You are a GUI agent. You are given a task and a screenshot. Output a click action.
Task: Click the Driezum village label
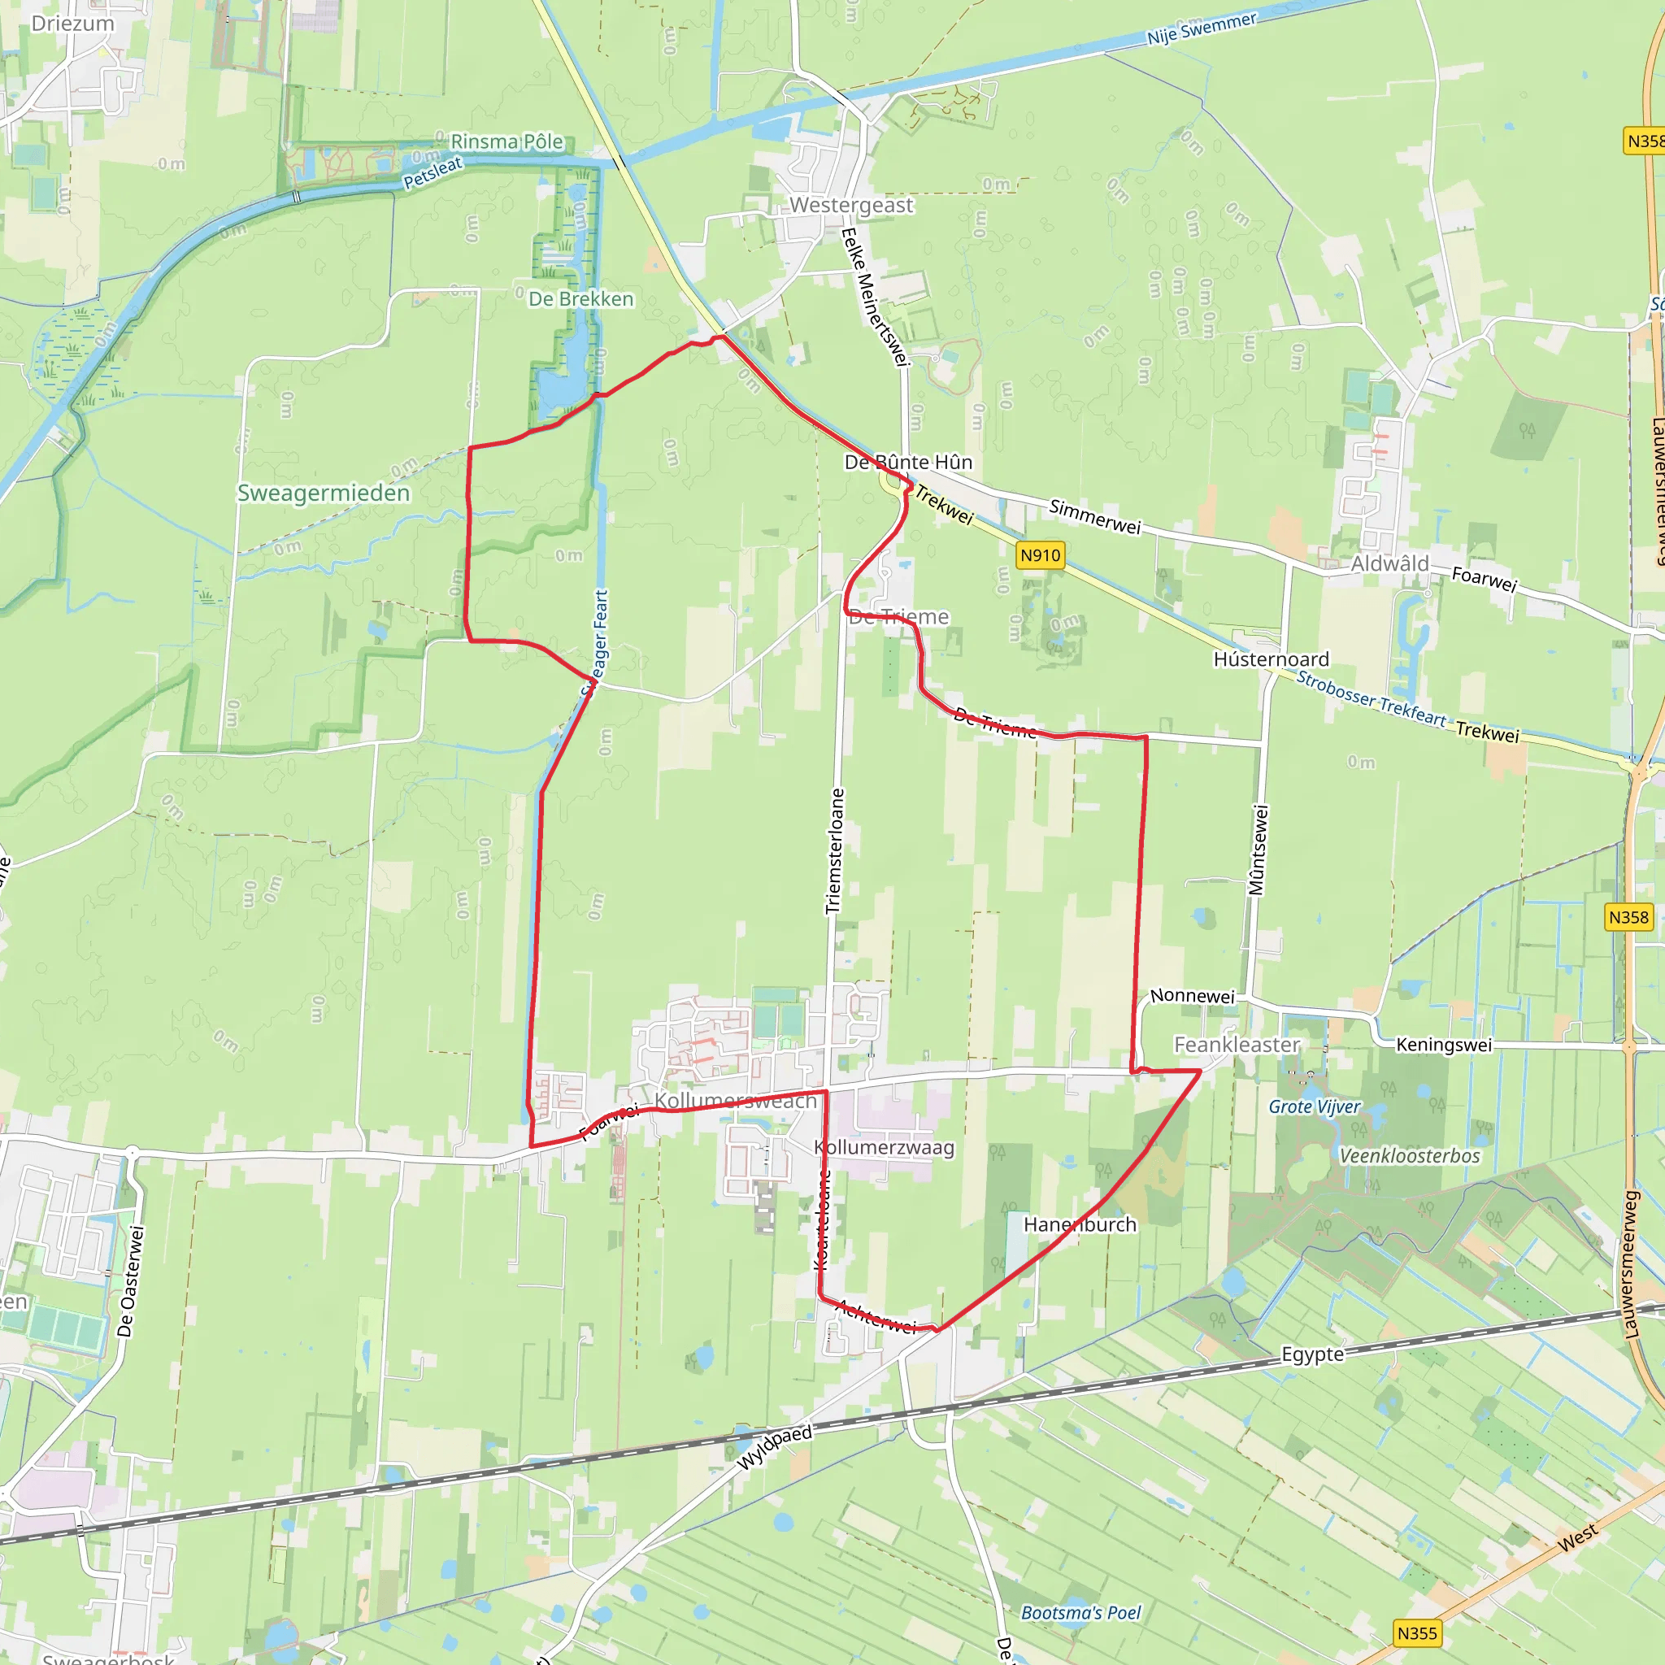coord(72,24)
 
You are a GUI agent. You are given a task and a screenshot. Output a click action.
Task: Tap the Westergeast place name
coord(850,205)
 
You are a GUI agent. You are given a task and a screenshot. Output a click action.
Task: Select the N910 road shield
coord(1039,555)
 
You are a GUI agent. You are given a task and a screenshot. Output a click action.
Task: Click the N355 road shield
coord(1417,1632)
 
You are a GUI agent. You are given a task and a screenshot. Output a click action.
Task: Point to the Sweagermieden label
coord(324,493)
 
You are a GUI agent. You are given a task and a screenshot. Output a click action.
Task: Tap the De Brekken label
coord(580,299)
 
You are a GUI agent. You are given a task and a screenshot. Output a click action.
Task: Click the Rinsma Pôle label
coord(506,141)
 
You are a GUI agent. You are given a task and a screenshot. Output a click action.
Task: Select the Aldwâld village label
coord(1389,563)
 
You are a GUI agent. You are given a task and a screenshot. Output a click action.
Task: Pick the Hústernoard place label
coord(1272,659)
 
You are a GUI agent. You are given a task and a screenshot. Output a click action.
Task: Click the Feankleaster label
coord(1237,1045)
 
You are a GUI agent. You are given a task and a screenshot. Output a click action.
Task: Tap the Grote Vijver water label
coord(1315,1106)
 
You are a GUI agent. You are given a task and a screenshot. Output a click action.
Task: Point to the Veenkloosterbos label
coord(1409,1156)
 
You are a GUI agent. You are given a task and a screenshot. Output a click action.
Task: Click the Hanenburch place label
coord(1080,1224)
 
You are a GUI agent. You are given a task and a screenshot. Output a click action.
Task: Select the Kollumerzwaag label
coord(885,1148)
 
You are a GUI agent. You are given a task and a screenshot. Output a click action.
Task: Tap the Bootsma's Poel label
coord(1080,1612)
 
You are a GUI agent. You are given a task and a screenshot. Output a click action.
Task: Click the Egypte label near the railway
coord(1312,1354)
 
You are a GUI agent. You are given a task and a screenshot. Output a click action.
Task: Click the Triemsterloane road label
coord(834,850)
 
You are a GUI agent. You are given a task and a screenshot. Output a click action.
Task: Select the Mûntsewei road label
coord(1259,850)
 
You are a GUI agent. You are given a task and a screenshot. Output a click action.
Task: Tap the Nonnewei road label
coord(1192,996)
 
